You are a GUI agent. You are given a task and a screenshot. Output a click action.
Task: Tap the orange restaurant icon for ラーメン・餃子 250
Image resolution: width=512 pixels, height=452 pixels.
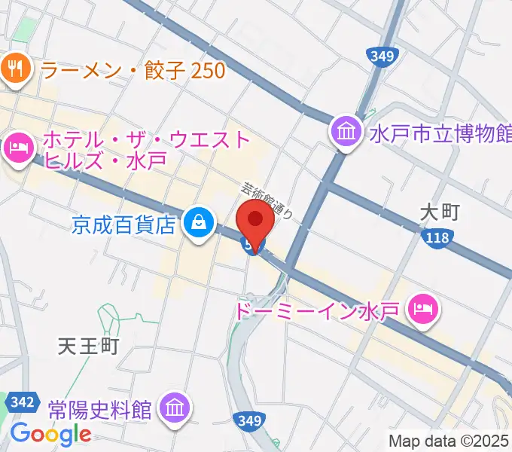tap(15, 71)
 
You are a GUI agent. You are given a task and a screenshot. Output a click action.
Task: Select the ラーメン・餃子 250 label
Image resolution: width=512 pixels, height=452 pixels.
tap(133, 71)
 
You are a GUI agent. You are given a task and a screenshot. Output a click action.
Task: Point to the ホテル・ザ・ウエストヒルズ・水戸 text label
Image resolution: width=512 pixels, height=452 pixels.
tap(147, 149)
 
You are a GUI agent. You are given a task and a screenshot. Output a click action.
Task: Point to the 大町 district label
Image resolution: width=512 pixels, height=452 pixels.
tap(440, 213)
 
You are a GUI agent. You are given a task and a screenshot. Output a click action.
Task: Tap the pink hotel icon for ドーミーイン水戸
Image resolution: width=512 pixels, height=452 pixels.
tap(422, 308)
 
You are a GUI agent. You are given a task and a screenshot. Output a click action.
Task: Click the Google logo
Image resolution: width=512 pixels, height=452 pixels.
tap(50, 434)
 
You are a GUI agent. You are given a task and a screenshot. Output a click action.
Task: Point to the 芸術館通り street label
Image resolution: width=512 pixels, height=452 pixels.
tap(267, 202)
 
